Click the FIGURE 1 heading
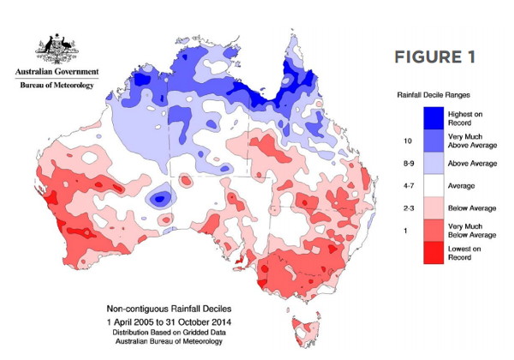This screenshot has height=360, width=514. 434,57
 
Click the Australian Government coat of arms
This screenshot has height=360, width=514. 57,48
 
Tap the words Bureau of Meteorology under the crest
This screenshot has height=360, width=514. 57,85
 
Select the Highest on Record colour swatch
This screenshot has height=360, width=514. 433,118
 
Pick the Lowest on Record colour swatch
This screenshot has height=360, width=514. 433,253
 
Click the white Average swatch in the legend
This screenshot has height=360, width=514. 433,186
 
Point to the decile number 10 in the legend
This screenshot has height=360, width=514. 408,141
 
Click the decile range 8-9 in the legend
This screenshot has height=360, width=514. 409,163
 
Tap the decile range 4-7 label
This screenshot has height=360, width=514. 409,186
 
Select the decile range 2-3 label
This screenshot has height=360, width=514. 409,208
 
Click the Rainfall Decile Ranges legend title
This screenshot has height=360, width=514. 433,95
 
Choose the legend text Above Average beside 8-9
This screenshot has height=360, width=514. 472,163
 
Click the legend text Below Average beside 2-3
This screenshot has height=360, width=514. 472,208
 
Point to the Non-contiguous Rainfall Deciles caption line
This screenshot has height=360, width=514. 169,309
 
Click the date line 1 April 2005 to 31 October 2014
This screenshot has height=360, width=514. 169,322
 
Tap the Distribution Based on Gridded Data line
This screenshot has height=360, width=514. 169,332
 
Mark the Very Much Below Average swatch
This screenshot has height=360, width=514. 433,231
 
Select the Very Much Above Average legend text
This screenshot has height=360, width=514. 472,141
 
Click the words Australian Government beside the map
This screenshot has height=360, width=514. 57,71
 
